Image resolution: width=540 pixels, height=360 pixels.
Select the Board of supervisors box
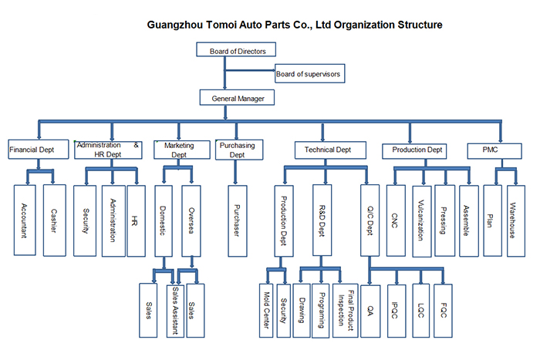[x=308, y=75]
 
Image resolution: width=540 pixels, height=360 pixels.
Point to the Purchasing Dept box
[x=240, y=149]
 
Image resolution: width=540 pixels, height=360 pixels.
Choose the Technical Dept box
[x=326, y=149]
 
